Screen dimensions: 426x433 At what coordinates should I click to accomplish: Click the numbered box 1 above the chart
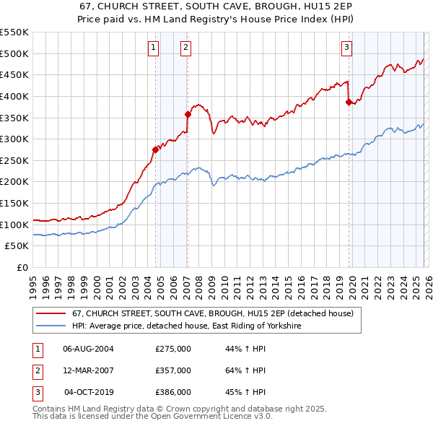pyautogui.click(x=154, y=48)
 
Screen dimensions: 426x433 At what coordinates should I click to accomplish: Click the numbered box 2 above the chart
pyautogui.click(x=185, y=48)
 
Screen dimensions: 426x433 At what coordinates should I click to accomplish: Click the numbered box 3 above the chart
pyautogui.click(x=346, y=48)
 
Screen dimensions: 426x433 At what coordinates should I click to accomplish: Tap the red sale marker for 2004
pyautogui.click(x=155, y=150)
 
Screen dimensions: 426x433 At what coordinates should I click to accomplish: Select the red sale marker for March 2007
pyautogui.click(x=188, y=114)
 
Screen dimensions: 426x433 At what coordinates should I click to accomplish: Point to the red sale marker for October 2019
pyautogui.click(x=349, y=102)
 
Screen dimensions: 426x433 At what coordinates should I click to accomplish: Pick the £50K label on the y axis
pyautogui.click(x=17, y=246)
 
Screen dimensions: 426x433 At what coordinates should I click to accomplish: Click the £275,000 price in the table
pyautogui.click(x=173, y=349)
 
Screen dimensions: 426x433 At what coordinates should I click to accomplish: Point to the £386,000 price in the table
pyautogui.click(x=173, y=392)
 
